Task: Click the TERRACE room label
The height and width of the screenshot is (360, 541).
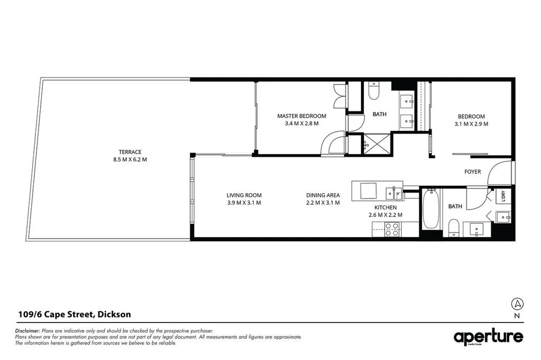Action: pos(130,151)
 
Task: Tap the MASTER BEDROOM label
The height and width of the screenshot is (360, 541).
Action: pos(302,116)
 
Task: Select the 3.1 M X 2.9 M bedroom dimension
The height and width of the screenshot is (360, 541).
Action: pos(471,124)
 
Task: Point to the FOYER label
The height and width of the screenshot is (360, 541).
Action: pos(472,172)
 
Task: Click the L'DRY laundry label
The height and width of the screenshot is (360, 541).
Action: pos(503,196)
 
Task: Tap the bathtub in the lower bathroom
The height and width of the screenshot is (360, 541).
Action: pos(431,209)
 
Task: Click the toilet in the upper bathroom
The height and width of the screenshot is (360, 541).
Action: pos(374,91)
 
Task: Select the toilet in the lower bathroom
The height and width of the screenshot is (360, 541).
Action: pos(454,228)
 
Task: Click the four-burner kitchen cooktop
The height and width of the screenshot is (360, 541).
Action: pos(392,229)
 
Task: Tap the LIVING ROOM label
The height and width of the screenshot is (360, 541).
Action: pos(244,195)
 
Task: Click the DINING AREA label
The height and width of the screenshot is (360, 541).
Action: pos(323,195)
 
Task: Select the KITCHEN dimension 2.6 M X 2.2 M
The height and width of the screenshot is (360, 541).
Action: pos(385,215)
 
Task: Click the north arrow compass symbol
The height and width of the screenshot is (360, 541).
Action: pos(517,304)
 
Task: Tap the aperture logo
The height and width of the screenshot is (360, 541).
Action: pos(489,337)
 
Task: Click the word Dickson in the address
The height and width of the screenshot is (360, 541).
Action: pos(114,315)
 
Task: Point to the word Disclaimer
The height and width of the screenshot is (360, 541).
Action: pos(27,331)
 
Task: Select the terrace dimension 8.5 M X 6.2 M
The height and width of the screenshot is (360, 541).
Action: pos(130,159)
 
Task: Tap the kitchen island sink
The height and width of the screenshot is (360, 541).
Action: pos(394,193)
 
